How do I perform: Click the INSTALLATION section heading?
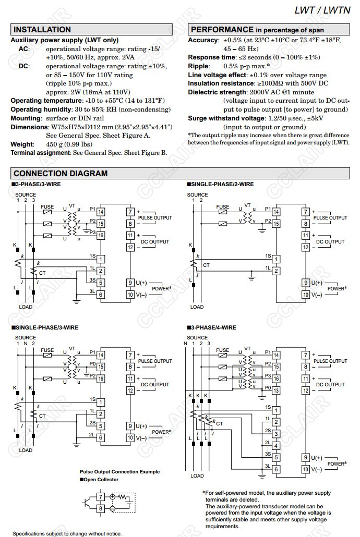(x=42, y=30)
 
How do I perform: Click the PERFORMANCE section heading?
(x=222, y=30)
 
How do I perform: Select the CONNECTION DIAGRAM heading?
(x=60, y=173)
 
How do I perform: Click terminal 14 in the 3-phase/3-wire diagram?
(x=101, y=212)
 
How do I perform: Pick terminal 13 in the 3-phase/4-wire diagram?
(x=276, y=390)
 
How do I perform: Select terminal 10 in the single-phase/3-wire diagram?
(x=130, y=438)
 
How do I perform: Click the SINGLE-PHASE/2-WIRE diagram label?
(x=221, y=184)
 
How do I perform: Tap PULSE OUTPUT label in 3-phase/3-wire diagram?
(x=155, y=217)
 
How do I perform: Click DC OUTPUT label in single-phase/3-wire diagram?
(x=155, y=385)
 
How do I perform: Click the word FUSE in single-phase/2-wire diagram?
(x=223, y=207)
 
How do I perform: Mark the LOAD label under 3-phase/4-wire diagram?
(x=197, y=475)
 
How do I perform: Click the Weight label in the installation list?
(x=22, y=144)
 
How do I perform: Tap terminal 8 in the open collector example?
(x=101, y=507)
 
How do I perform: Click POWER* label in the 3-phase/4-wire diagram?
(x=337, y=463)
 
